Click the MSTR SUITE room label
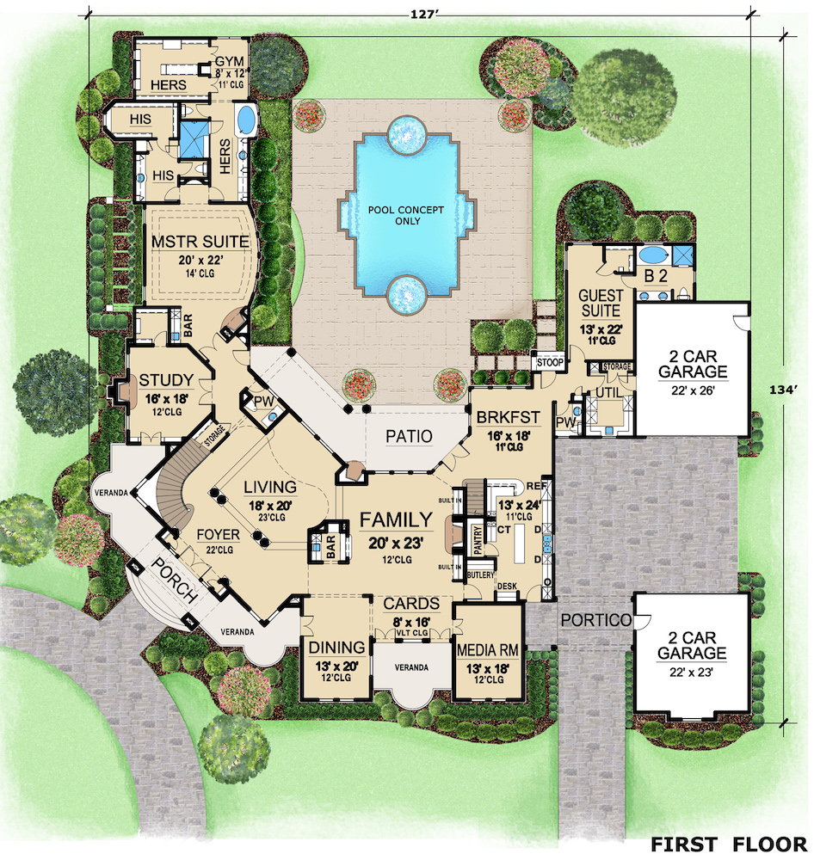click(x=200, y=242)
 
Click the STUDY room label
click(x=165, y=380)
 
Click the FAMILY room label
click(x=396, y=519)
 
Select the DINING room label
click(x=337, y=648)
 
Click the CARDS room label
click(x=411, y=604)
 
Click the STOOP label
click(x=550, y=363)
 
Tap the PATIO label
click(x=409, y=436)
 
